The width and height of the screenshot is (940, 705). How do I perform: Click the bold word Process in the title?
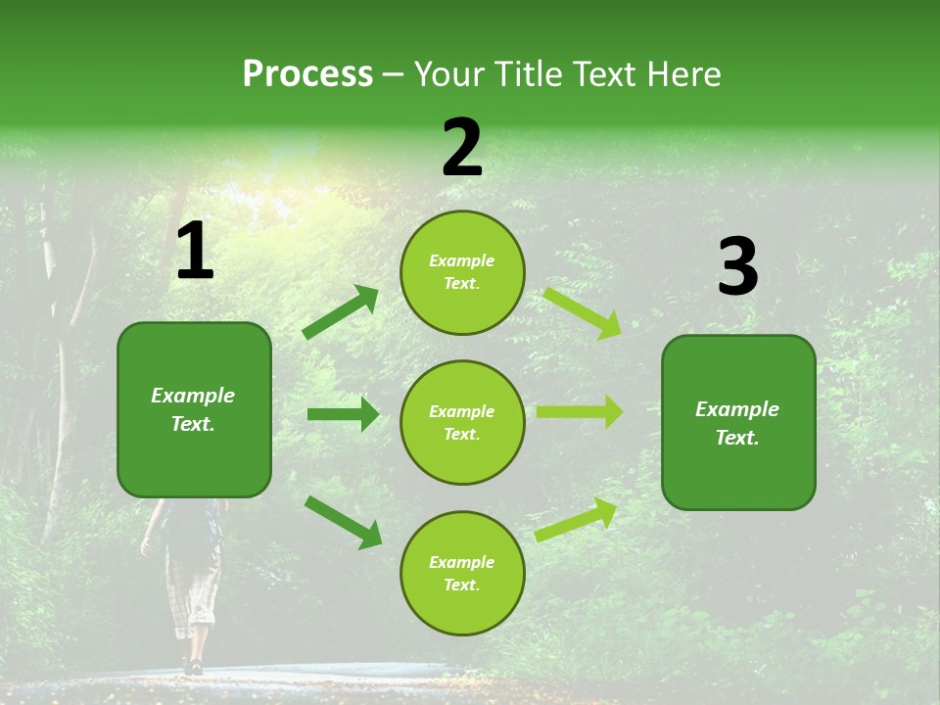click(x=307, y=74)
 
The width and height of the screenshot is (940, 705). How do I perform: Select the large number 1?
click(x=195, y=252)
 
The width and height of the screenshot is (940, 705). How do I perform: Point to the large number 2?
click(x=462, y=148)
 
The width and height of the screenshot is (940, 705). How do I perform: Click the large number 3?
click(x=737, y=267)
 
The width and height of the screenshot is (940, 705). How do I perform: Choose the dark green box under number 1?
click(x=194, y=409)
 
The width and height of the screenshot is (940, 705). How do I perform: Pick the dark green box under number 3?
click(x=738, y=422)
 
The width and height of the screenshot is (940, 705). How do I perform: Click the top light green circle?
click(x=462, y=272)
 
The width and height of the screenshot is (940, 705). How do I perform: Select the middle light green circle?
click(x=462, y=422)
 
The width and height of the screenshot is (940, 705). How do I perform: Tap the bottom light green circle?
click(x=462, y=573)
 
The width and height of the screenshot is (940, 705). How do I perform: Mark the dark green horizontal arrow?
click(x=343, y=414)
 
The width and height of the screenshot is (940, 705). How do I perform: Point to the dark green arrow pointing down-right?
click(x=343, y=521)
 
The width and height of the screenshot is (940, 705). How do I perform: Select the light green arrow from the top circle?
click(x=582, y=312)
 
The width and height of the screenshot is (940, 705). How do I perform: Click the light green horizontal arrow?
click(x=579, y=412)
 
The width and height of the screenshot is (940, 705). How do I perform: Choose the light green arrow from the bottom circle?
click(x=576, y=520)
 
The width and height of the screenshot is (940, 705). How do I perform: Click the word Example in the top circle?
click(x=462, y=261)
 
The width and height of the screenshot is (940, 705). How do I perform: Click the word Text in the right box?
click(x=736, y=438)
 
